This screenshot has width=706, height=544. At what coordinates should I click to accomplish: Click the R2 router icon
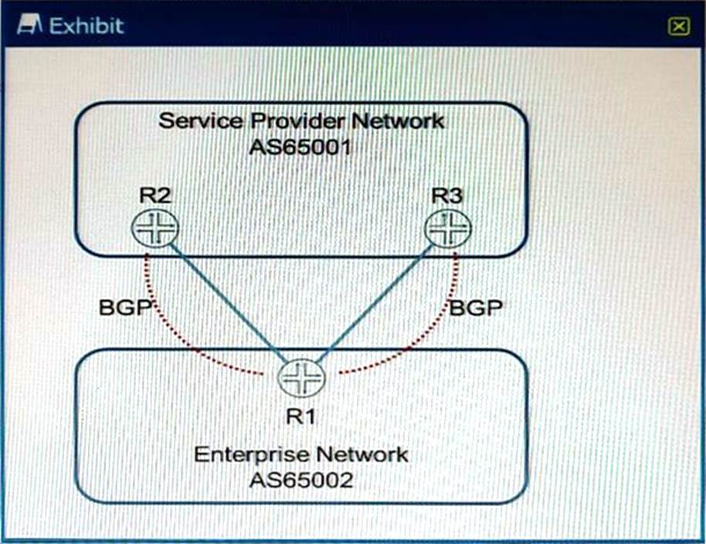[x=154, y=227]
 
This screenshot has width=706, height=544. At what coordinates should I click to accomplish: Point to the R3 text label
[x=446, y=196]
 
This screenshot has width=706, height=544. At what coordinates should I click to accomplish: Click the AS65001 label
[x=300, y=147]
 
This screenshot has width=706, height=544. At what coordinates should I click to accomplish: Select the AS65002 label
[x=300, y=479]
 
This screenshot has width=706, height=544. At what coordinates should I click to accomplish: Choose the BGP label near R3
[x=476, y=308]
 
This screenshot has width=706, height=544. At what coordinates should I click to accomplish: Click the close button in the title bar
[x=678, y=27]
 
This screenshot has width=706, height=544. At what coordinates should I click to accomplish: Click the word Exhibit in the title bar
[x=87, y=25]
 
